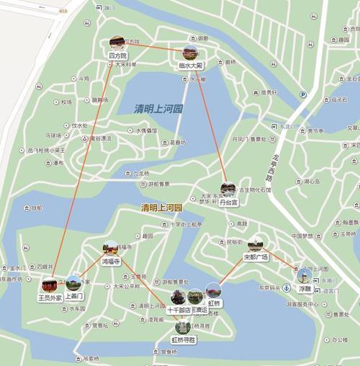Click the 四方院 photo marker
(x=117, y=43)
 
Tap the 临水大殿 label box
(x=191, y=65)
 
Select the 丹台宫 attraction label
(x=228, y=203)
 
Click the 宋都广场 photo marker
(x=256, y=244)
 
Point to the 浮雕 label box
(x=305, y=288)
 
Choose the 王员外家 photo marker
(x=50, y=297)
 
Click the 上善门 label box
(x=74, y=296)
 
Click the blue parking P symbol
(x=303, y=94)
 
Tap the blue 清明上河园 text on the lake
(x=158, y=109)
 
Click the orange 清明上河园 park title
(x=162, y=208)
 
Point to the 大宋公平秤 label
(x=127, y=286)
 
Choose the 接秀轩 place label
(x=269, y=92)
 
